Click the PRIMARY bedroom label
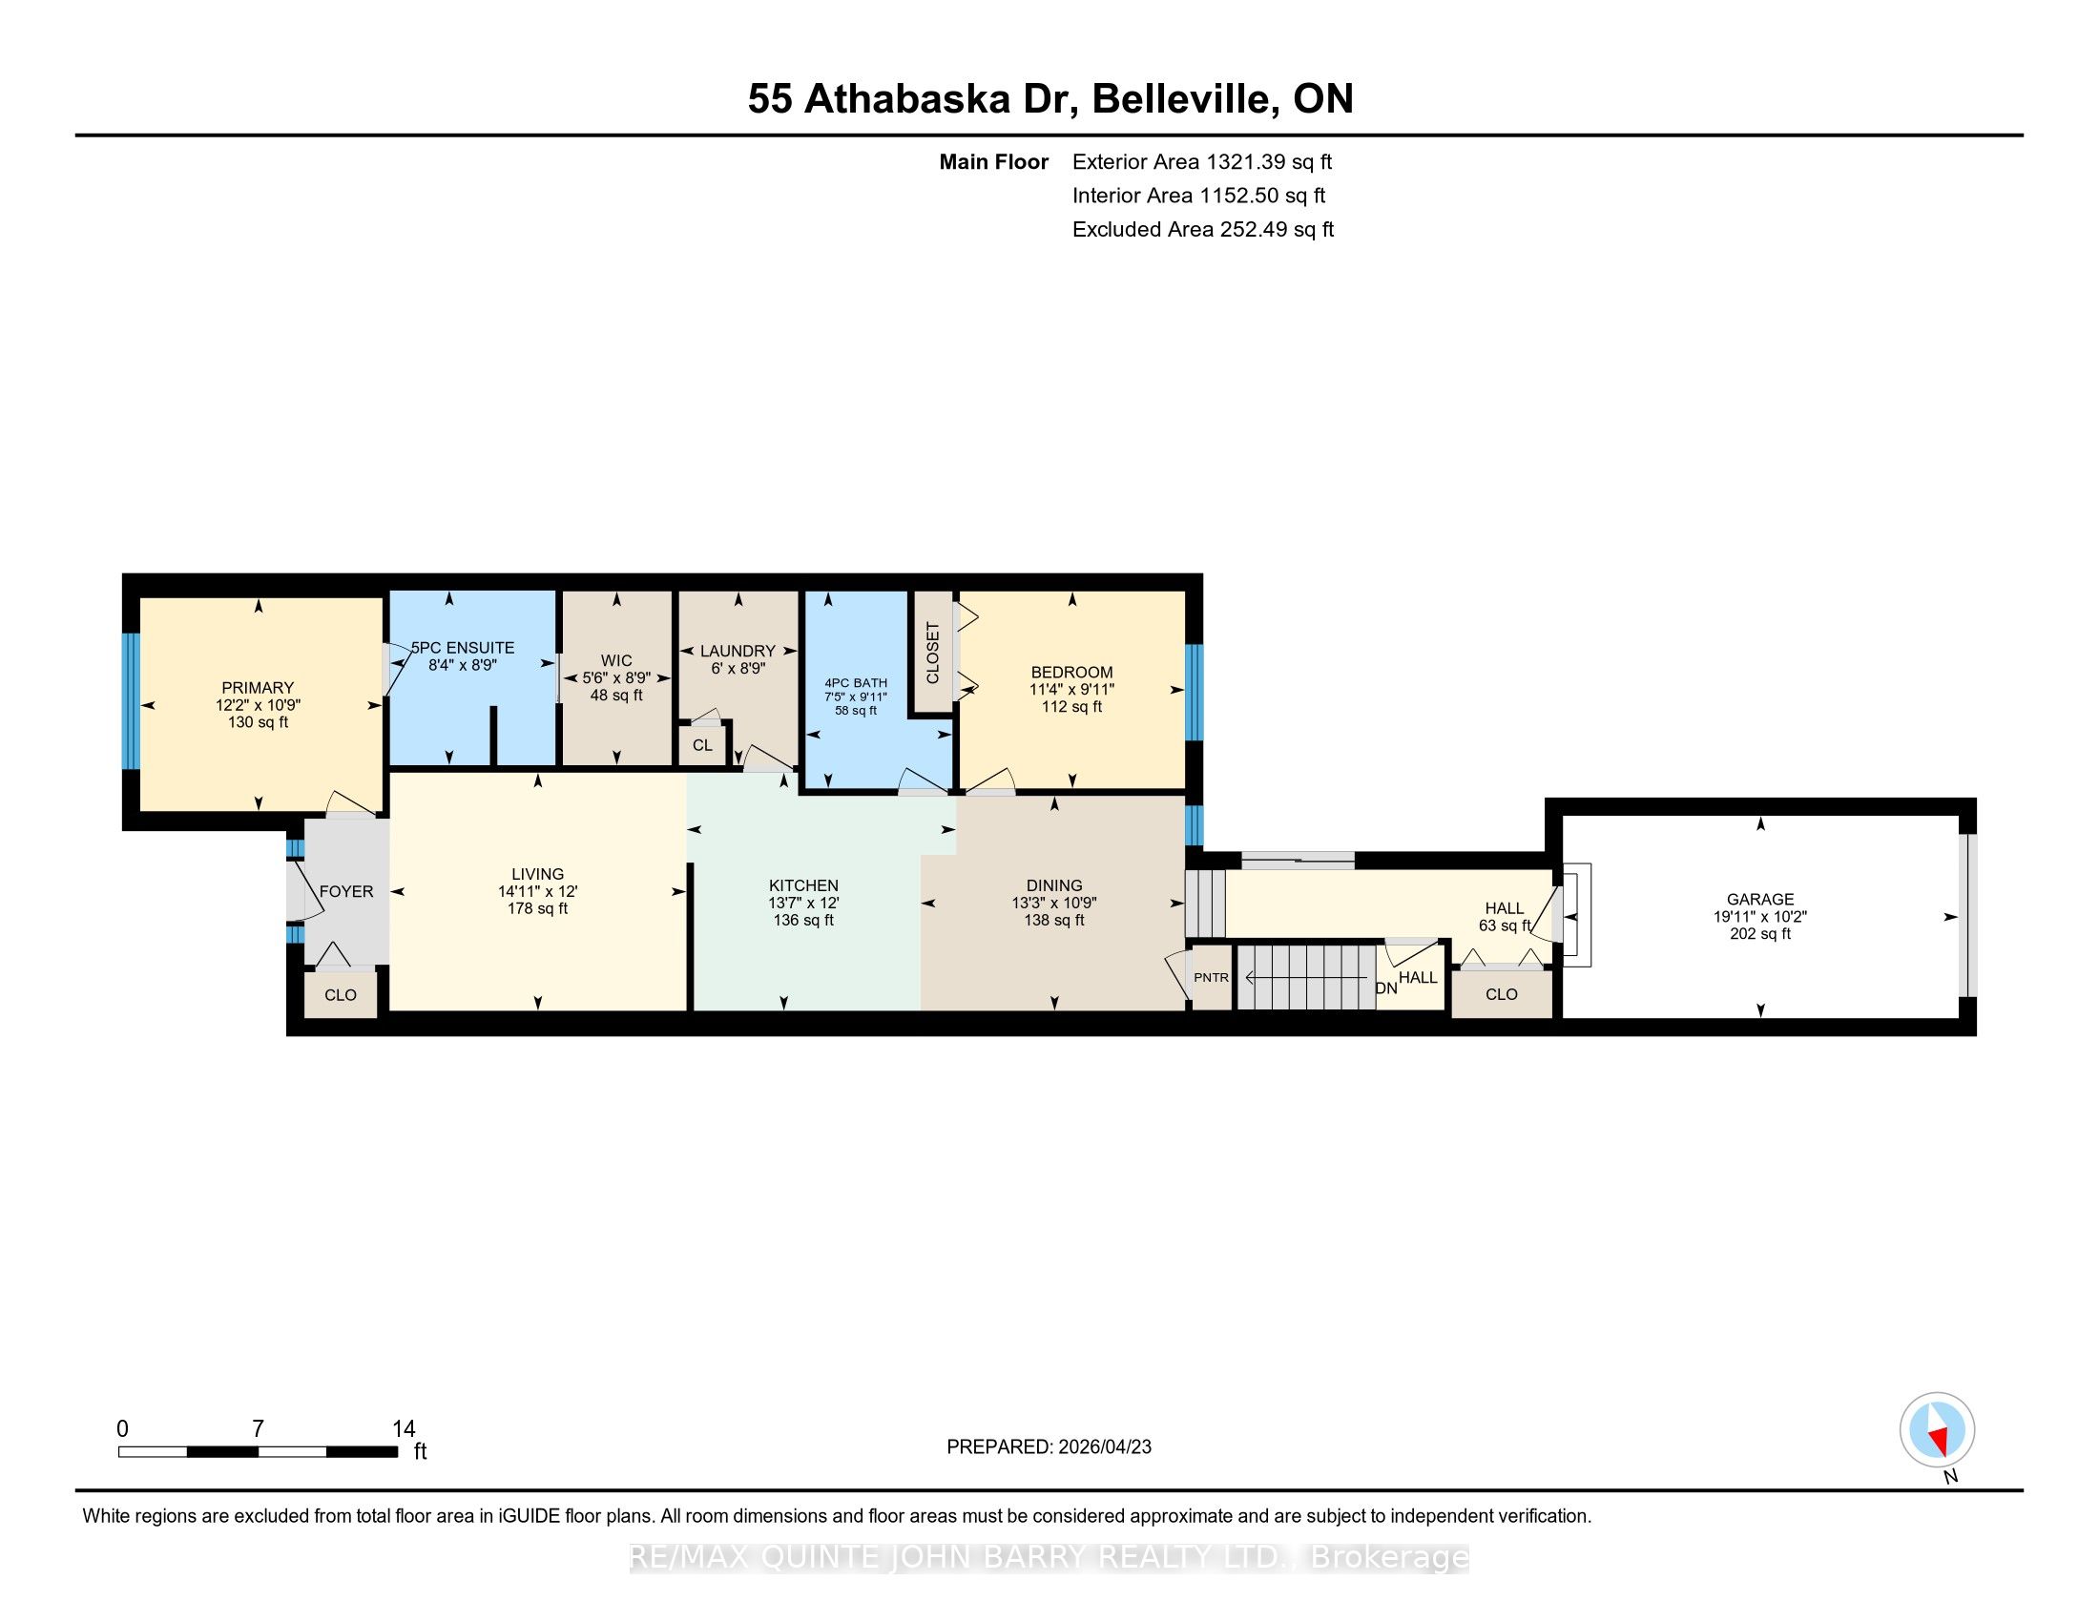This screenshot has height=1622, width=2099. (x=258, y=687)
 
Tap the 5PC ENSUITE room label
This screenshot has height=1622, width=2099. (x=464, y=648)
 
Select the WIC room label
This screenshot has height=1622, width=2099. (x=616, y=660)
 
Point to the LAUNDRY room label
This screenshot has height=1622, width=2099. (x=738, y=651)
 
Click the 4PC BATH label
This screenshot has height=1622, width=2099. (x=856, y=683)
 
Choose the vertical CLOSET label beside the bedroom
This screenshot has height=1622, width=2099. (x=932, y=654)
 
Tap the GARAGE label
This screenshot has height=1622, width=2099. (x=1759, y=899)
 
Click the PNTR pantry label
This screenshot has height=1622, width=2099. (x=1211, y=977)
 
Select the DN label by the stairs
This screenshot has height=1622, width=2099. (x=1386, y=988)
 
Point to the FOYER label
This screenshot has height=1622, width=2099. (x=346, y=892)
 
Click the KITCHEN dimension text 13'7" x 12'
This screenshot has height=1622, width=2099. (x=803, y=903)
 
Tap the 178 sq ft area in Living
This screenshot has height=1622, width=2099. (x=537, y=908)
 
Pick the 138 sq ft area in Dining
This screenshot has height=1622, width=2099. (x=1054, y=920)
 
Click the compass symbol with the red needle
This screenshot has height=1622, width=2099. (x=1937, y=1429)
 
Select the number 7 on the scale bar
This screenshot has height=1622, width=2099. (x=258, y=1429)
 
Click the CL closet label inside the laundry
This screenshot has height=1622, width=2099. (x=702, y=746)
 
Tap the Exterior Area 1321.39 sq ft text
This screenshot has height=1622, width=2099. (x=1202, y=161)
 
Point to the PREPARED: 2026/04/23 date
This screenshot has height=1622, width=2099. (x=1049, y=1447)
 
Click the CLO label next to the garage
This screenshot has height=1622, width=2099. (x=1501, y=994)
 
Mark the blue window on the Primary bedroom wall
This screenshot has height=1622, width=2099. (x=131, y=700)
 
